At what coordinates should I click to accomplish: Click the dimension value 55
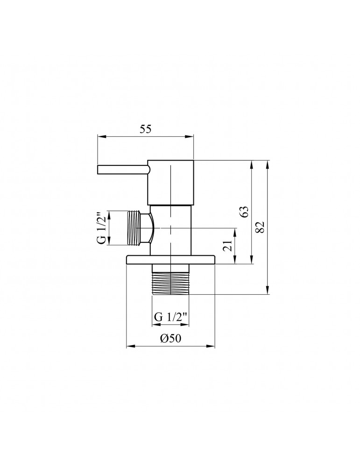(145, 130)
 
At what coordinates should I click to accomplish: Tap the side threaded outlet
(134, 228)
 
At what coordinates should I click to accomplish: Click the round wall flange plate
(171, 260)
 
